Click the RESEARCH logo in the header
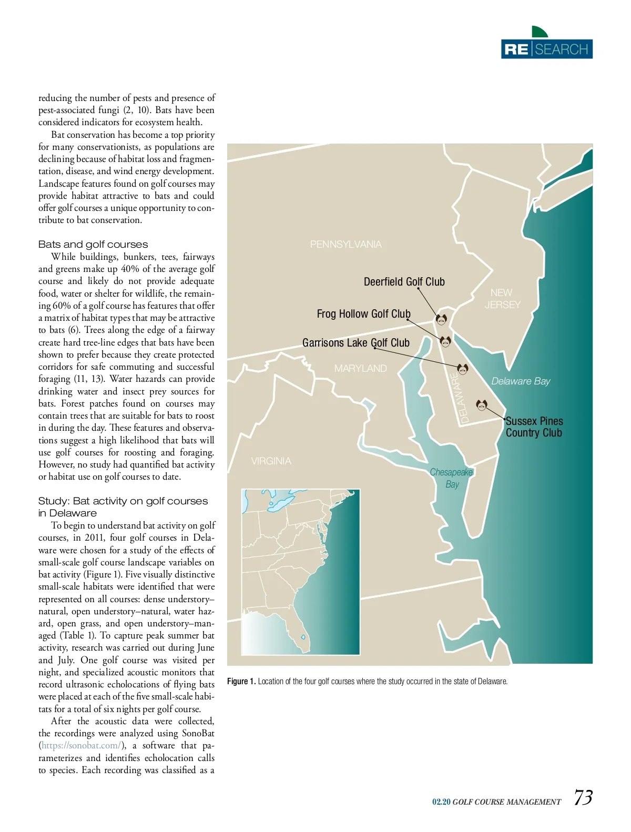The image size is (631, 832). click(546, 48)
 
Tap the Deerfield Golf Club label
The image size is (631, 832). click(404, 282)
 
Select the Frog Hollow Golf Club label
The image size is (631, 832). click(363, 314)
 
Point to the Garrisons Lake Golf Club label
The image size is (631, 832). click(355, 343)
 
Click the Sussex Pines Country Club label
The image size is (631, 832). click(534, 427)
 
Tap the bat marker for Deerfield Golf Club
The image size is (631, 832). click(441, 319)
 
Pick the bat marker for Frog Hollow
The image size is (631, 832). click(445, 342)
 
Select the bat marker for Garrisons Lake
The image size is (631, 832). click(462, 369)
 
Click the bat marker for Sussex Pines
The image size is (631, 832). click(481, 405)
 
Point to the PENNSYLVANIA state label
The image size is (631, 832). click(345, 245)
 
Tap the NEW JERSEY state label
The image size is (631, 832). click(502, 299)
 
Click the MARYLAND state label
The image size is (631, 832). click(360, 369)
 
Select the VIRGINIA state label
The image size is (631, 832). click(271, 461)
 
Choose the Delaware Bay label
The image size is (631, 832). click(521, 381)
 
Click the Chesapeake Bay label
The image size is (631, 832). click(452, 478)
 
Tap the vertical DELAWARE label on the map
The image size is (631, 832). click(459, 398)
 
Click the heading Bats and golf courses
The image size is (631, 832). click(93, 245)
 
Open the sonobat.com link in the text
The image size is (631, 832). click(81, 746)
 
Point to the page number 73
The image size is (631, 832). click(583, 798)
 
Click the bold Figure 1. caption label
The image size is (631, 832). click(241, 682)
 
